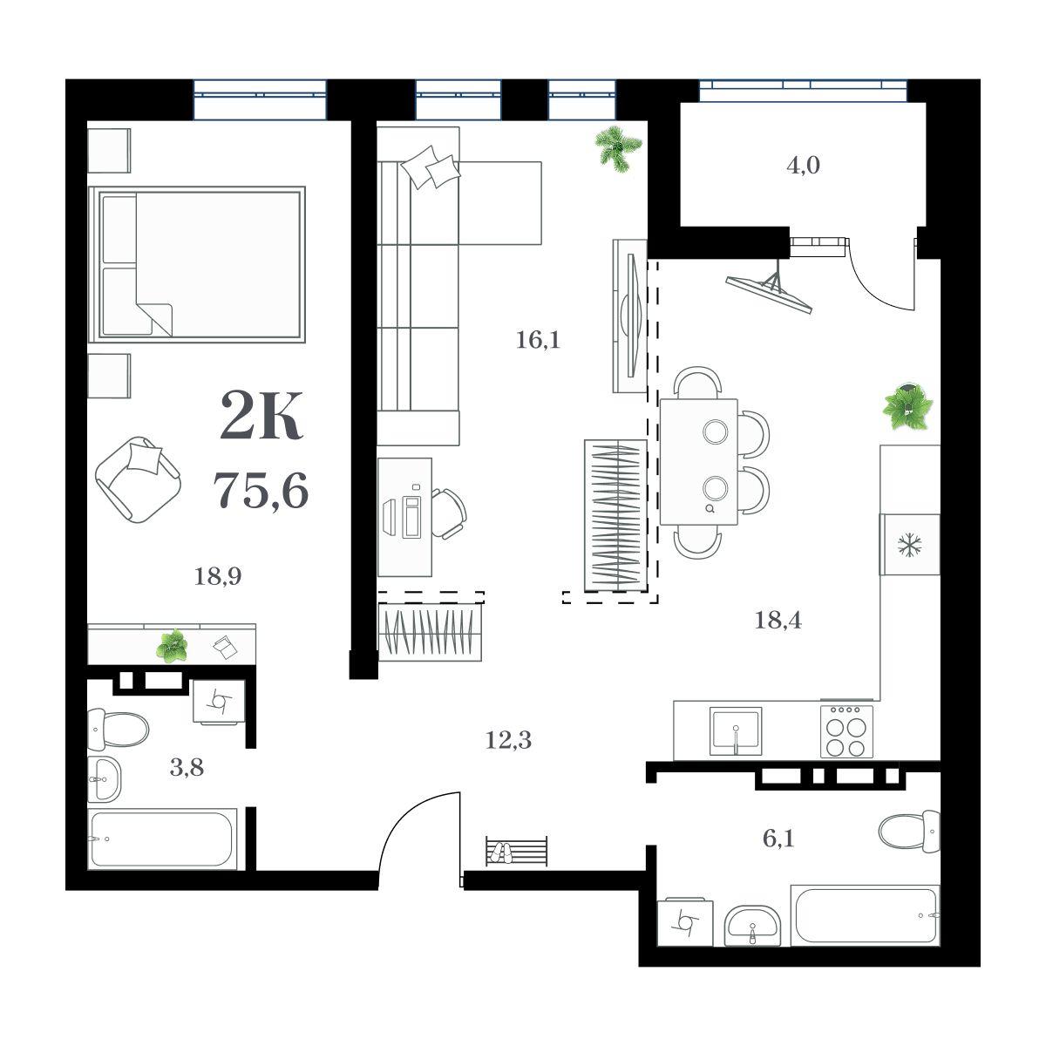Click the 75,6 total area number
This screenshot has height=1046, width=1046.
click(261, 490)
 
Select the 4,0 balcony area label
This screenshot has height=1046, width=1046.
click(803, 166)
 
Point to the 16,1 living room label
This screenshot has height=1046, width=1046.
click(538, 340)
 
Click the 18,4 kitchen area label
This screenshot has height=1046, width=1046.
click(778, 620)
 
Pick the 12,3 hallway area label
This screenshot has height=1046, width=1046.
click(508, 739)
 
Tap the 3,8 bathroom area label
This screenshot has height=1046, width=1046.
click(187, 768)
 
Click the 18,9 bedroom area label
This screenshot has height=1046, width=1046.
click(218, 576)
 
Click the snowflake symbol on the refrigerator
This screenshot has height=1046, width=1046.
click(908, 545)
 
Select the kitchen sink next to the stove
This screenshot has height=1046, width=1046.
click(736, 730)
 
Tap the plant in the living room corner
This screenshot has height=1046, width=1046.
click(619, 148)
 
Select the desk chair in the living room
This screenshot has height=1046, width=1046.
click(448, 513)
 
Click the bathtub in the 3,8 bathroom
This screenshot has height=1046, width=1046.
click(162, 839)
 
